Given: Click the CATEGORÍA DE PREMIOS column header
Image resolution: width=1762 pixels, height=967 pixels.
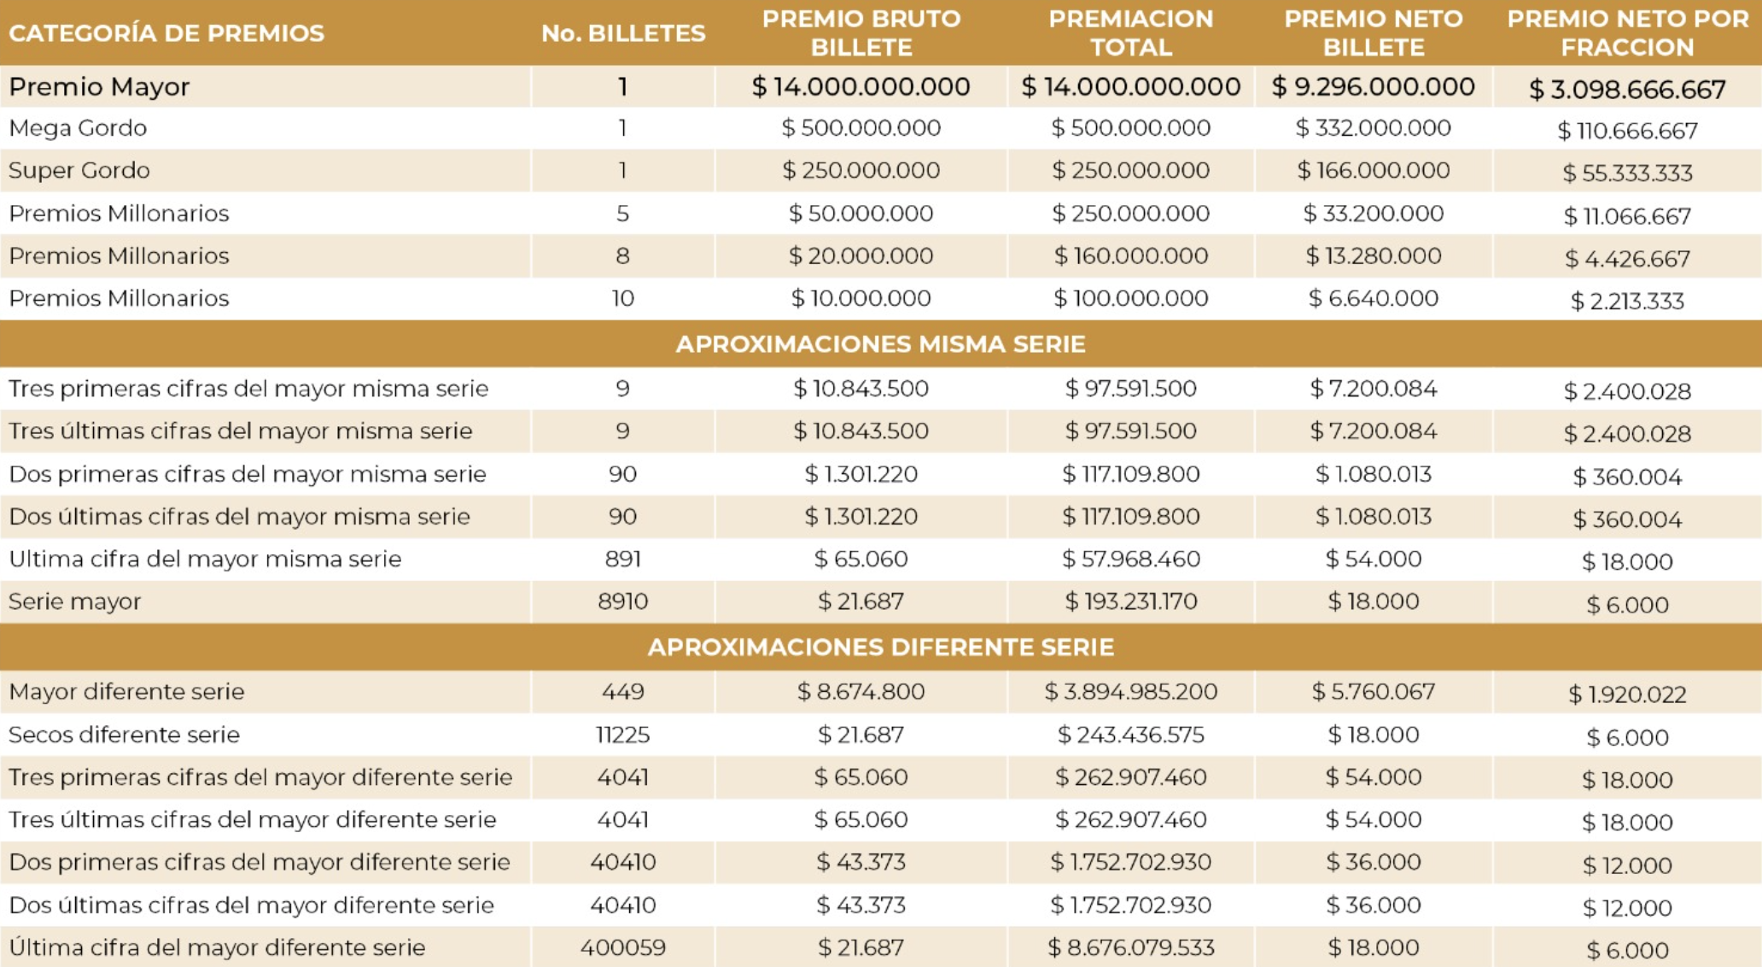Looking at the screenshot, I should pyautogui.click(x=166, y=33).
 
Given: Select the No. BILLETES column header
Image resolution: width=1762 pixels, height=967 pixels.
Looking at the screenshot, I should pyautogui.click(x=623, y=33).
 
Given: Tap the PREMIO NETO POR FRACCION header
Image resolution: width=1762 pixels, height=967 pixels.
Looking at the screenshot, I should pyautogui.click(x=1627, y=33).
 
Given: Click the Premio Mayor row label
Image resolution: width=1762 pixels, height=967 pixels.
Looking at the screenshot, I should pyautogui.click(x=99, y=87).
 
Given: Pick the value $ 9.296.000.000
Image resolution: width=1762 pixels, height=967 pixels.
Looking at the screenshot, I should pyautogui.click(x=1373, y=87).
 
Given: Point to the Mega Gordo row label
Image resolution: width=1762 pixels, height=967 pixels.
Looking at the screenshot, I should pyautogui.click(x=78, y=128).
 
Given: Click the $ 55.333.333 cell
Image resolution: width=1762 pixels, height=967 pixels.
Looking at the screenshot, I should pyautogui.click(x=1627, y=173).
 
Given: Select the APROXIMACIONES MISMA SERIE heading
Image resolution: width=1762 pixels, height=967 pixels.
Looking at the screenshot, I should pyautogui.click(x=880, y=344).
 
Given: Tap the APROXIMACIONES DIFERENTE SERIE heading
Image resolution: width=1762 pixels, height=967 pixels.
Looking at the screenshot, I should pyautogui.click(x=880, y=648).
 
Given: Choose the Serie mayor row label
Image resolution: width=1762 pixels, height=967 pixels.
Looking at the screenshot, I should pyautogui.click(x=74, y=602).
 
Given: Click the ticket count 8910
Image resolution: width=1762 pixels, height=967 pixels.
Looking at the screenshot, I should pyautogui.click(x=623, y=602).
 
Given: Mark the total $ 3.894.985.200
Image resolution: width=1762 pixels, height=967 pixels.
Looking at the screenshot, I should pyautogui.click(x=1130, y=692).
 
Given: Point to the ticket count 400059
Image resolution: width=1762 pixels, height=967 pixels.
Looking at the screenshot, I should pyautogui.click(x=623, y=948).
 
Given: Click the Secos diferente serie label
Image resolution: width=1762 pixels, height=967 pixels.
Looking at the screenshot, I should pyautogui.click(x=124, y=735).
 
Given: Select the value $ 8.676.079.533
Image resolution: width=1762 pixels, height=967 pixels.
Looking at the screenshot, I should pyautogui.click(x=1130, y=948).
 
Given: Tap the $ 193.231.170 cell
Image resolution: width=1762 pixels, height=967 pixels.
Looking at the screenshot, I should pyautogui.click(x=1130, y=602).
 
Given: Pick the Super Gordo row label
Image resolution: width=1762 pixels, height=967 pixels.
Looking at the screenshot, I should pyautogui.click(x=79, y=171).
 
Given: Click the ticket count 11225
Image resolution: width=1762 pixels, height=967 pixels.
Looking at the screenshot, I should pyautogui.click(x=623, y=735).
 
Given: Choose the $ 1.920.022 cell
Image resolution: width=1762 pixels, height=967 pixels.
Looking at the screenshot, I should pyautogui.click(x=1627, y=694).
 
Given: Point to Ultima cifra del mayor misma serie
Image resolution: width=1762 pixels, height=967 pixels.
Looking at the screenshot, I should pyautogui.click(x=205, y=560).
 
